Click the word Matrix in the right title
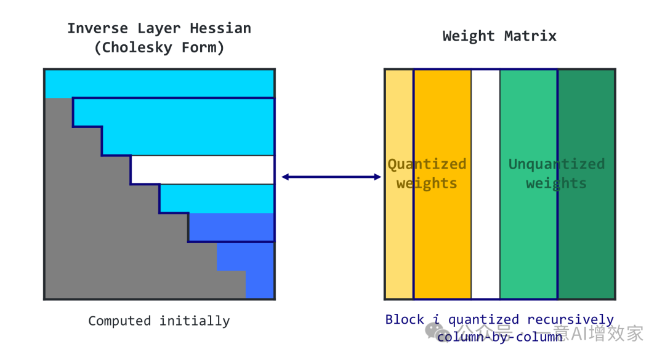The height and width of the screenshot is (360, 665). pyautogui.click(x=530, y=36)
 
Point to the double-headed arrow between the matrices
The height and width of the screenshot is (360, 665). pyautogui.click(x=331, y=177)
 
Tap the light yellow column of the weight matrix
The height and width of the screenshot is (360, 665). pyautogui.click(x=399, y=246)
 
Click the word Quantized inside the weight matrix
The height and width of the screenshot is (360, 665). pyautogui.click(x=427, y=164)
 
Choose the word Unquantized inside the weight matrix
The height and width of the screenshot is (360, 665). pyautogui.click(x=557, y=164)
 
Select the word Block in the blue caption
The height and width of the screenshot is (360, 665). pyautogui.click(x=405, y=319)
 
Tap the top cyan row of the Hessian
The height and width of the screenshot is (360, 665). pyautogui.click(x=159, y=83)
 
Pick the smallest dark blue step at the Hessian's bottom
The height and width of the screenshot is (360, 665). pyautogui.click(x=260, y=285)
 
